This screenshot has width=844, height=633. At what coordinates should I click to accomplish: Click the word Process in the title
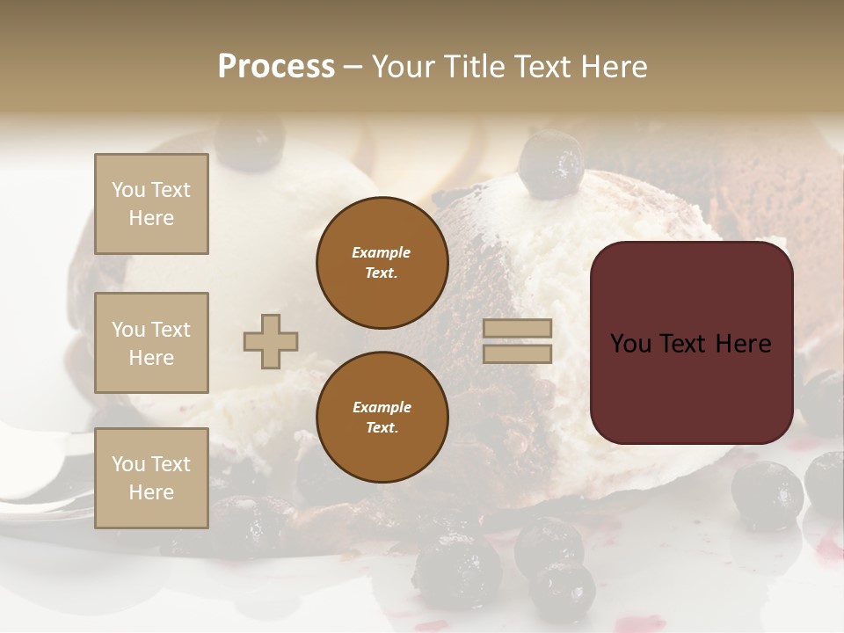tap(276, 67)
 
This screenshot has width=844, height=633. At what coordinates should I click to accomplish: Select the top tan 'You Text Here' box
tap(151, 204)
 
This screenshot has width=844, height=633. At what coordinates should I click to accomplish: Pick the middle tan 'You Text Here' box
tap(151, 343)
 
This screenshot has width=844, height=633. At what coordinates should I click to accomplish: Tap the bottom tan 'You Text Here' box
tap(151, 478)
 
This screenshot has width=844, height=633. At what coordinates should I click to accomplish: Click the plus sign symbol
tap(271, 341)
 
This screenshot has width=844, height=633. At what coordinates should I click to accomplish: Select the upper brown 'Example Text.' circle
tap(382, 263)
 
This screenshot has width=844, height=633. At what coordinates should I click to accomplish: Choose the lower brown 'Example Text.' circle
tap(382, 418)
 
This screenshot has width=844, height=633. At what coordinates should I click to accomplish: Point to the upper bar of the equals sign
tap(517, 329)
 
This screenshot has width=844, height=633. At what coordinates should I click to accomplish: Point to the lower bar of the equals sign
tap(517, 353)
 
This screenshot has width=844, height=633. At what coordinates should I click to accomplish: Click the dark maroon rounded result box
tap(691, 387)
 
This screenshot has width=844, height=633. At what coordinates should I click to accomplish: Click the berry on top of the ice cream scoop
tap(551, 164)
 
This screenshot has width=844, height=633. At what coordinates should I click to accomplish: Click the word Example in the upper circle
tap(381, 252)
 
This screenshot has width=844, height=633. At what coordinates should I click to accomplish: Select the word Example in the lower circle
tap(382, 407)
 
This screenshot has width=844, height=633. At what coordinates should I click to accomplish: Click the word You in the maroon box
tap(630, 344)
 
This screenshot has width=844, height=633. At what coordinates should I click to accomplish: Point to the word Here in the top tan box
tap(151, 218)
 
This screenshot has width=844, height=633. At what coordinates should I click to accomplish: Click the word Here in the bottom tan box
tap(151, 492)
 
